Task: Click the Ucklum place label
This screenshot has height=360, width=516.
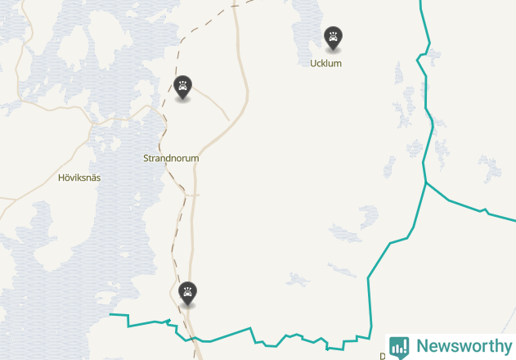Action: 325,63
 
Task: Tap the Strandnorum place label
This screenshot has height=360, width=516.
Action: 171,158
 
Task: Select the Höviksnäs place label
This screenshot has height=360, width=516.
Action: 79,177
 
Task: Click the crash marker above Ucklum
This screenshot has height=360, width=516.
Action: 333,37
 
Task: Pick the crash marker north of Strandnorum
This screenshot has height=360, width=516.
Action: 183,86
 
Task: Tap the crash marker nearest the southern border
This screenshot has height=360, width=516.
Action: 188,291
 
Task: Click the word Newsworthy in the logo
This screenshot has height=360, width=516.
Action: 464,345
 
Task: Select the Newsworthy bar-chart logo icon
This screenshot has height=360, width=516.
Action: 399,346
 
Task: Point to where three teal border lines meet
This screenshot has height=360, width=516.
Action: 425,182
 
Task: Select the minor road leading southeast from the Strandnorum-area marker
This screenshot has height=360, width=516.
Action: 214,103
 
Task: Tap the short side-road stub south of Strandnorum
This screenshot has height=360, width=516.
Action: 192,195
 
